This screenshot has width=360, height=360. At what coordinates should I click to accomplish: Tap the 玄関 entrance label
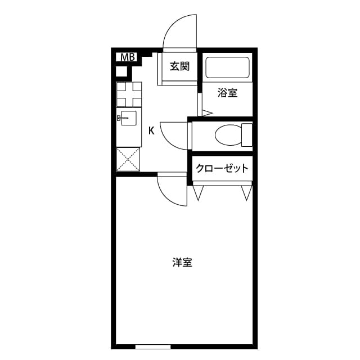tap(180, 66)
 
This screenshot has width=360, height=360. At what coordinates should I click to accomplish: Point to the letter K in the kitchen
tap(151, 132)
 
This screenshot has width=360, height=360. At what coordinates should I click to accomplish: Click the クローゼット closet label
tap(222, 168)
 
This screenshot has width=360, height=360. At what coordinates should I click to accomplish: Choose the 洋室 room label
tap(182, 262)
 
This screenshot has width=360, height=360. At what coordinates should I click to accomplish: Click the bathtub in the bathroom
tap(227, 68)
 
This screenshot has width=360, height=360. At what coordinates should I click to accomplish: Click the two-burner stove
tap(129, 94)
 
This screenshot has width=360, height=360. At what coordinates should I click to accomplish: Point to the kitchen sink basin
tap(130, 118)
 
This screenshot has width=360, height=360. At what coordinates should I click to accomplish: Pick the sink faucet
tap(119, 118)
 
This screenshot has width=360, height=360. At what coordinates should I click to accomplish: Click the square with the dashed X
tap(129, 160)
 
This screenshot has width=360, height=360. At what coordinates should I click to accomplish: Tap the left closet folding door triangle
tap(198, 193)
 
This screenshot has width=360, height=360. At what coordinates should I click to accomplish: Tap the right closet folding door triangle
tap(246, 193)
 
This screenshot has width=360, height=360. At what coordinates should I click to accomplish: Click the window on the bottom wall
tap(152, 346)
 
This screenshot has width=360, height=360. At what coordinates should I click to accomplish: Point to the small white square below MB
tap(121, 71)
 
